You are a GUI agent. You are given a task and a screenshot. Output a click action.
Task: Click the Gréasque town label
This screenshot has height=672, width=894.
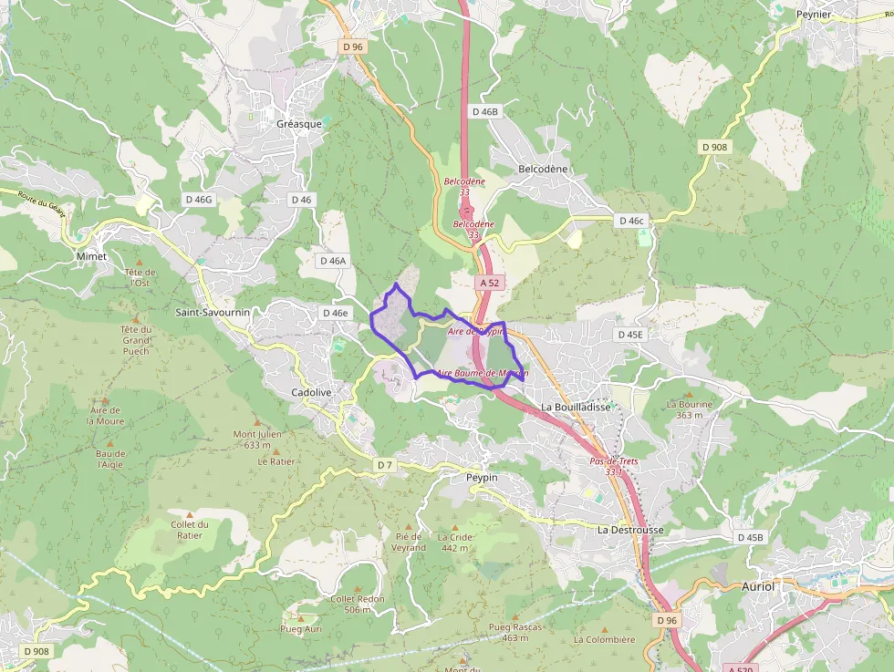point(299,124)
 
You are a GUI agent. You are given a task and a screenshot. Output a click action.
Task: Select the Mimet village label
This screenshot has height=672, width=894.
point(91,256)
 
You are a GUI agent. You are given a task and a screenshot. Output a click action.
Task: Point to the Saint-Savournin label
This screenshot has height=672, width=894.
point(213,312)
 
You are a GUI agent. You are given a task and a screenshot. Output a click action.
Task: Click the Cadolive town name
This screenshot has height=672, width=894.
point(310,392)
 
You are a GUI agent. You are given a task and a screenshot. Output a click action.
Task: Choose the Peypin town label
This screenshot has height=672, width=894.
point(482,477)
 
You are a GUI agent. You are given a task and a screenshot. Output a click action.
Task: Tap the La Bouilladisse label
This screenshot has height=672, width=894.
point(575,407)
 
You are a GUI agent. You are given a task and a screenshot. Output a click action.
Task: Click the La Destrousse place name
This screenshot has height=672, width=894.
point(630,530)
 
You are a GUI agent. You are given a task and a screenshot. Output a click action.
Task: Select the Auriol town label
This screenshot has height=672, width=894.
point(758,586)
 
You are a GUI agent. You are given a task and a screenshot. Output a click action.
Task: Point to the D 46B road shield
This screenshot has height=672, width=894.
point(486,111)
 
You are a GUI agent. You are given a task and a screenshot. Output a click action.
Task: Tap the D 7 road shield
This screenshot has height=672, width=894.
point(385,465)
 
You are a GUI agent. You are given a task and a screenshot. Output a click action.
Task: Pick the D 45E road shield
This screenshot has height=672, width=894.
point(630,335)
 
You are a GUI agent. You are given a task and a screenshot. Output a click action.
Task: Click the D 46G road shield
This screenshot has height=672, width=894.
point(198,199)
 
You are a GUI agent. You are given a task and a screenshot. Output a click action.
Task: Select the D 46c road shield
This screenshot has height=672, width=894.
point(631,221)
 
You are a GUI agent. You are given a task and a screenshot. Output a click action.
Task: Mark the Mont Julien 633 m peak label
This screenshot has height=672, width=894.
point(257,439)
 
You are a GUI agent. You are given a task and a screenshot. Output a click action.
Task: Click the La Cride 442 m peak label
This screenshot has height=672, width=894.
point(454,543)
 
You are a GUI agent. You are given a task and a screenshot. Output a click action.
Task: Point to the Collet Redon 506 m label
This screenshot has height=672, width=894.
point(358,605)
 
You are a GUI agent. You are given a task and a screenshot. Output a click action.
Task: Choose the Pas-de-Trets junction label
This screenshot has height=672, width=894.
point(613,467)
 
